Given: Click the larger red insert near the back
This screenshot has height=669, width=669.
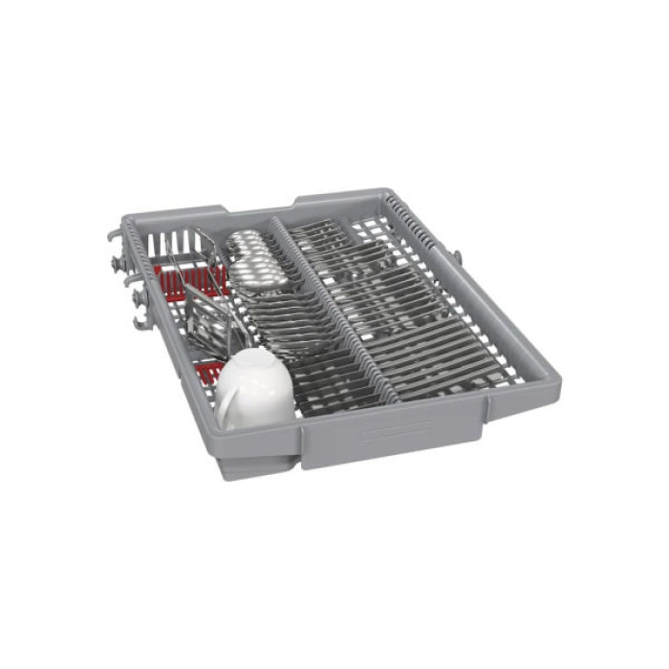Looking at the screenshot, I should pos(182,279).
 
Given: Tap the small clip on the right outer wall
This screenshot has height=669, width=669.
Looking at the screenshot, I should pos(457,257).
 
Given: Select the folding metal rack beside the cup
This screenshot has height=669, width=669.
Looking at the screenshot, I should pos(210,315).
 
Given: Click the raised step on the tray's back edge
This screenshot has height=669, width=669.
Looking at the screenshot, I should pos(258,206).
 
